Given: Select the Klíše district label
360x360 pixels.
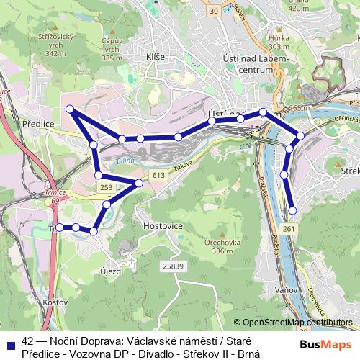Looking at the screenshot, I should point(156,56).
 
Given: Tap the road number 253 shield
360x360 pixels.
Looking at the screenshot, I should point(106,187).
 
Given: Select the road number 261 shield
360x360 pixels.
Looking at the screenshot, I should point(289,229).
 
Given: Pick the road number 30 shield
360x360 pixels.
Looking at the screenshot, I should point(212,11).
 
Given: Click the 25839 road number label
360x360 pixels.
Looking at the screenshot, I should point(172,266).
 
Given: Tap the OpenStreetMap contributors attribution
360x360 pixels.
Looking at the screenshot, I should point(297,323).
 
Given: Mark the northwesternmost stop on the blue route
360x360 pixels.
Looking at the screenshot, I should point(70,109).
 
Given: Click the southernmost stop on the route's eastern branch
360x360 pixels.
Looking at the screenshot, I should point(292,210).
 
